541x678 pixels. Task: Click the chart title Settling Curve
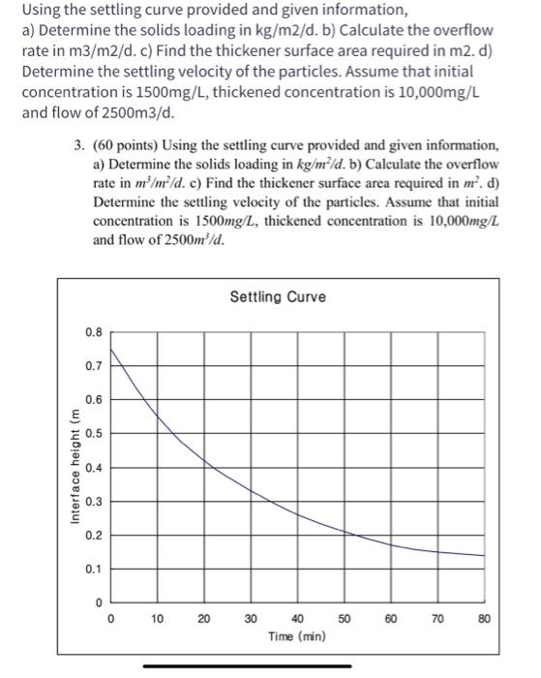click(278, 296)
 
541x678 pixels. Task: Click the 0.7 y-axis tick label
click(92, 365)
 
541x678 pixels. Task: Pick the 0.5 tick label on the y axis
click(92, 433)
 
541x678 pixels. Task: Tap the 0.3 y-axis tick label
click(92, 501)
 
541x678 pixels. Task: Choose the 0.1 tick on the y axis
click(92, 569)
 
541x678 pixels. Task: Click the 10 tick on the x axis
click(157, 618)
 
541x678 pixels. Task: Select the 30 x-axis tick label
click(250, 618)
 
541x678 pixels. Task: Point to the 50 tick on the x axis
click(344, 618)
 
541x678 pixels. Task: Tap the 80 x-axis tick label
click(484, 618)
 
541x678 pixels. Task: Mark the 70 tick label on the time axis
click(437, 618)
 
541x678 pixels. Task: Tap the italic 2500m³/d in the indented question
click(182, 239)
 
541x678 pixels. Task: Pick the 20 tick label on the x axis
click(203, 618)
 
